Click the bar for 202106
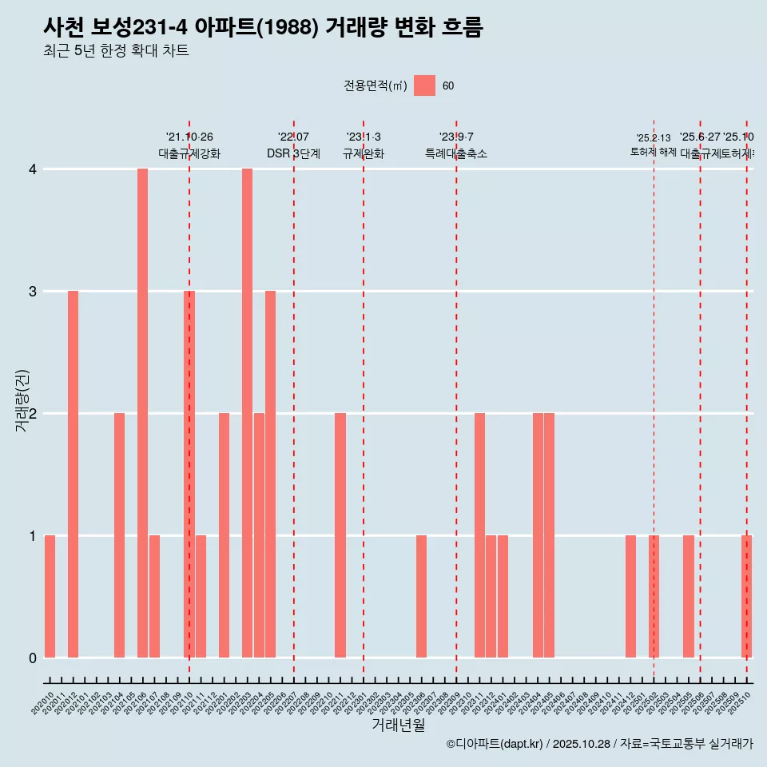click(142, 413)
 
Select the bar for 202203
click(247, 413)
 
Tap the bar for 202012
click(73, 474)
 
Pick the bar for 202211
click(340, 535)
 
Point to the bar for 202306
click(421, 596)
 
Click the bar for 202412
click(630, 596)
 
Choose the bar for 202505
click(689, 596)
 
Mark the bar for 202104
click(119, 535)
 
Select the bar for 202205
click(270, 474)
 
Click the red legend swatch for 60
click(424, 85)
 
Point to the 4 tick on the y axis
click(34, 169)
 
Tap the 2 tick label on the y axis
click(34, 414)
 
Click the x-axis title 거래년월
click(398, 725)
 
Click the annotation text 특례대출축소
click(456, 153)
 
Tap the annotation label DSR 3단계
click(293, 153)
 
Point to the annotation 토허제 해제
click(654, 152)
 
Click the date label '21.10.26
click(189, 137)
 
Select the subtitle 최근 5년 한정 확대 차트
click(116, 51)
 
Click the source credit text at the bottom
click(599, 744)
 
